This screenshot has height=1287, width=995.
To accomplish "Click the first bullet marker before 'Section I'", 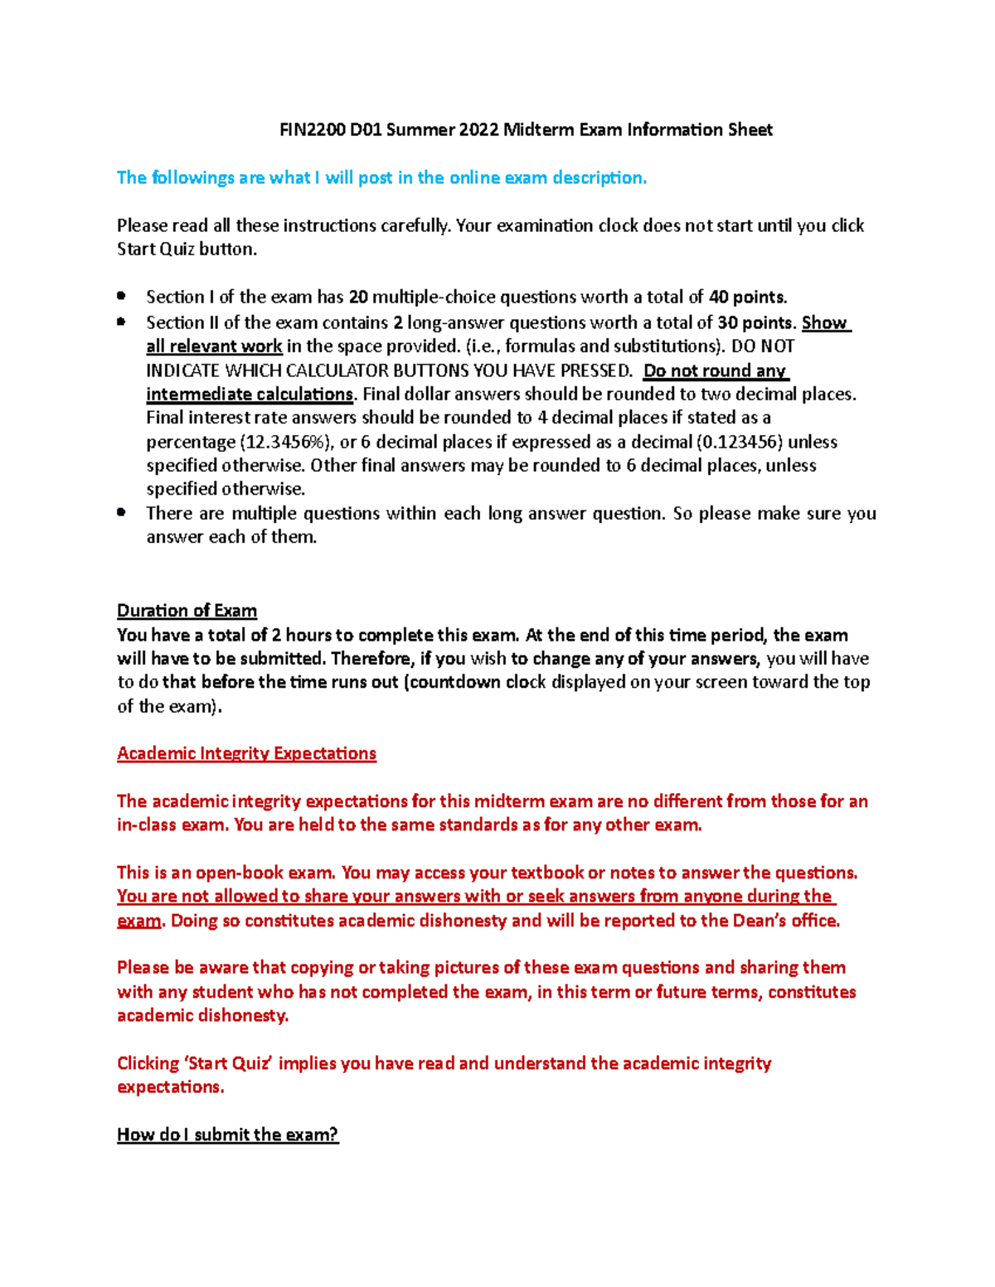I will pyautogui.click(x=122, y=296).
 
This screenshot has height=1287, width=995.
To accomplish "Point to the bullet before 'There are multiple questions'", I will pyautogui.click(x=122, y=513).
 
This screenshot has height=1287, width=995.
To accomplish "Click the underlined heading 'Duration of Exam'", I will pyautogui.click(x=187, y=611).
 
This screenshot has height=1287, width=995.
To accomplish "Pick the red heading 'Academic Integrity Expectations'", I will pyautogui.click(x=246, y=753).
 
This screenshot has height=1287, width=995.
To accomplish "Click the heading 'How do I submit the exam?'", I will pyautogui.click(x=227, y=1135).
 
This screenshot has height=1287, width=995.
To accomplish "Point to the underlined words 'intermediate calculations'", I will pyautogui.click(x=250, y=394).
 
